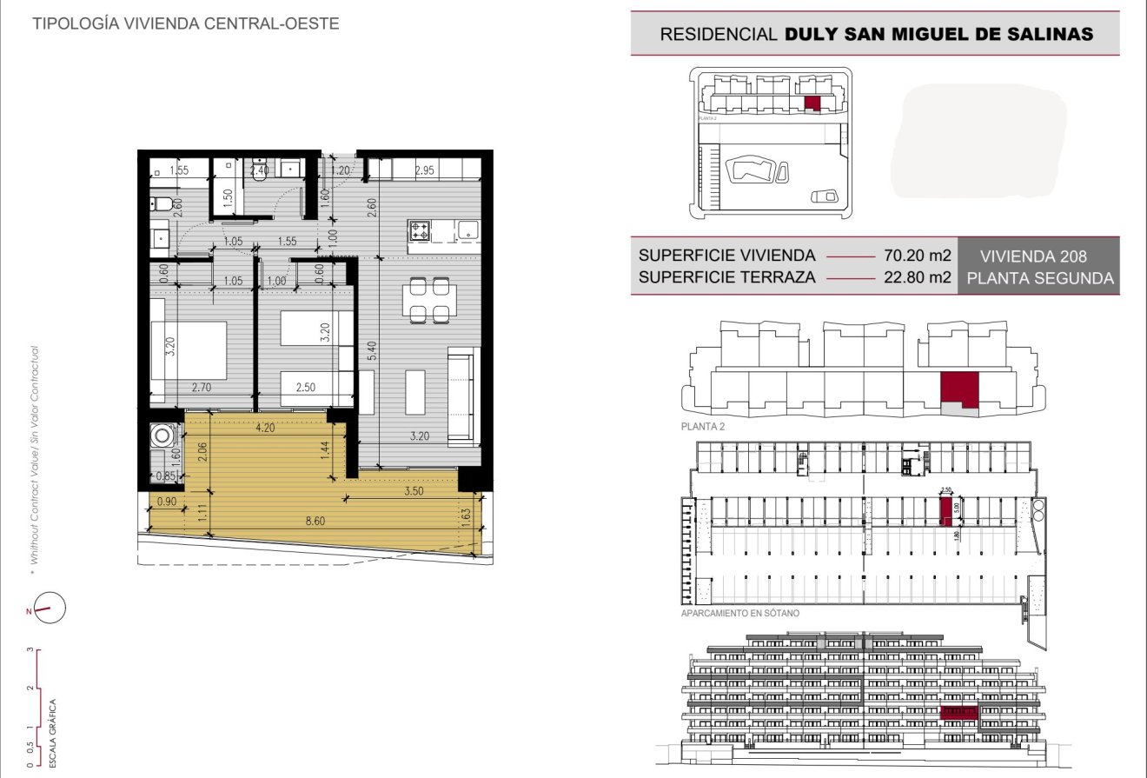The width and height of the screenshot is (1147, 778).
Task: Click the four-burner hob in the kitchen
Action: [421, 231]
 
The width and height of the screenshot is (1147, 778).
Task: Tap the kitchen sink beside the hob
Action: [467, 231]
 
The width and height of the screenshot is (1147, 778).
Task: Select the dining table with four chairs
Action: [430, 299]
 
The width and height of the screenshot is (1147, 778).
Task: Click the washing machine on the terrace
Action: [161, 434]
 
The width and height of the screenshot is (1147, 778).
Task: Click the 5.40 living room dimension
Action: [371, 351]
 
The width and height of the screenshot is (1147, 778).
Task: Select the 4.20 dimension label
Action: [264, 427]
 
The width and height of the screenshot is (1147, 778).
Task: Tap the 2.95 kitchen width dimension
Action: [423, 170]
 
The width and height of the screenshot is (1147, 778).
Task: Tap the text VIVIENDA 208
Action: [1033, 257]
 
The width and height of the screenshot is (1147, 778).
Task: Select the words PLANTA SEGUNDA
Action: [1039, 279]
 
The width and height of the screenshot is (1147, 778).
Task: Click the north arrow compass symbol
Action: [49, 608]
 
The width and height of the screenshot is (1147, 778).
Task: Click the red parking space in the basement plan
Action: [945, 511]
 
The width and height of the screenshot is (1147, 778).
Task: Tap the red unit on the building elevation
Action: [959, 714]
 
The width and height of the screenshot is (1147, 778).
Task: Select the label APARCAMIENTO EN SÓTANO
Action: [740, 613]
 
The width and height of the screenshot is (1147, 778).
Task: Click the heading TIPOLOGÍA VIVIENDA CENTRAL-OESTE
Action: [185, 23]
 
